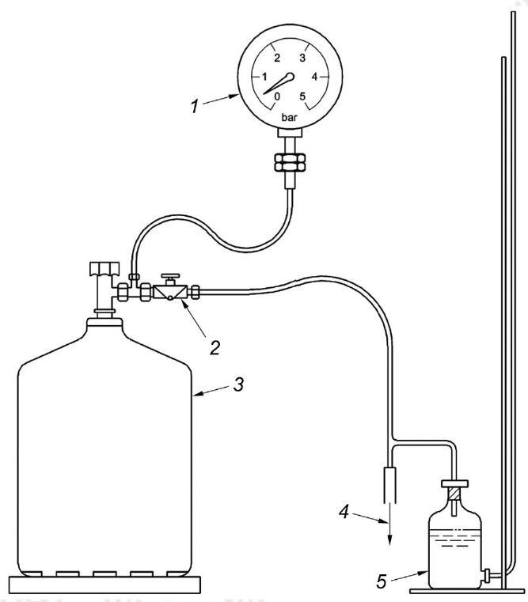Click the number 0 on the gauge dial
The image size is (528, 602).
[x=277, y=97]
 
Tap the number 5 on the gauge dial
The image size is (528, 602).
[x=302, y=97]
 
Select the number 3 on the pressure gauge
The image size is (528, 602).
[x=302, y=58]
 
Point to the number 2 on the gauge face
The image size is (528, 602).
[x=277, y=58]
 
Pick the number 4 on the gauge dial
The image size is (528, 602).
[x=314, y=77]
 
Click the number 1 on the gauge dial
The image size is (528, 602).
[x=264, y=77]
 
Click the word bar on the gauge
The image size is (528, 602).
[x=290, y=118]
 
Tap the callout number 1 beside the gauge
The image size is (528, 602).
[x=195, y=106]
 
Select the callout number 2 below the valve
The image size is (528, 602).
[x=215, y=347]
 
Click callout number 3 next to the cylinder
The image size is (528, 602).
[x=238, y=384]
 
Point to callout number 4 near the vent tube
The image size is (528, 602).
[x=344, y=512]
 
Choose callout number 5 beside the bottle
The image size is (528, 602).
[x=381, y=581]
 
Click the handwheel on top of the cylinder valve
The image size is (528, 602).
[x=104, y=268]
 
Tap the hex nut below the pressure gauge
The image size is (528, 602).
[x=290, y=162]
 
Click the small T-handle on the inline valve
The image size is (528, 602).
[x=170, y=278]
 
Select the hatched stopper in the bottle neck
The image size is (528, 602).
[x=455, y=493]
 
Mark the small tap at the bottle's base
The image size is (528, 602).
[x=488, y=575]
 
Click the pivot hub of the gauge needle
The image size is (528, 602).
[x=291, y=77]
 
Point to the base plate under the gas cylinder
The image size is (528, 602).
[x=105, y=585]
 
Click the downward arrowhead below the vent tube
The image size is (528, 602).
[x=390, y=539]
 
